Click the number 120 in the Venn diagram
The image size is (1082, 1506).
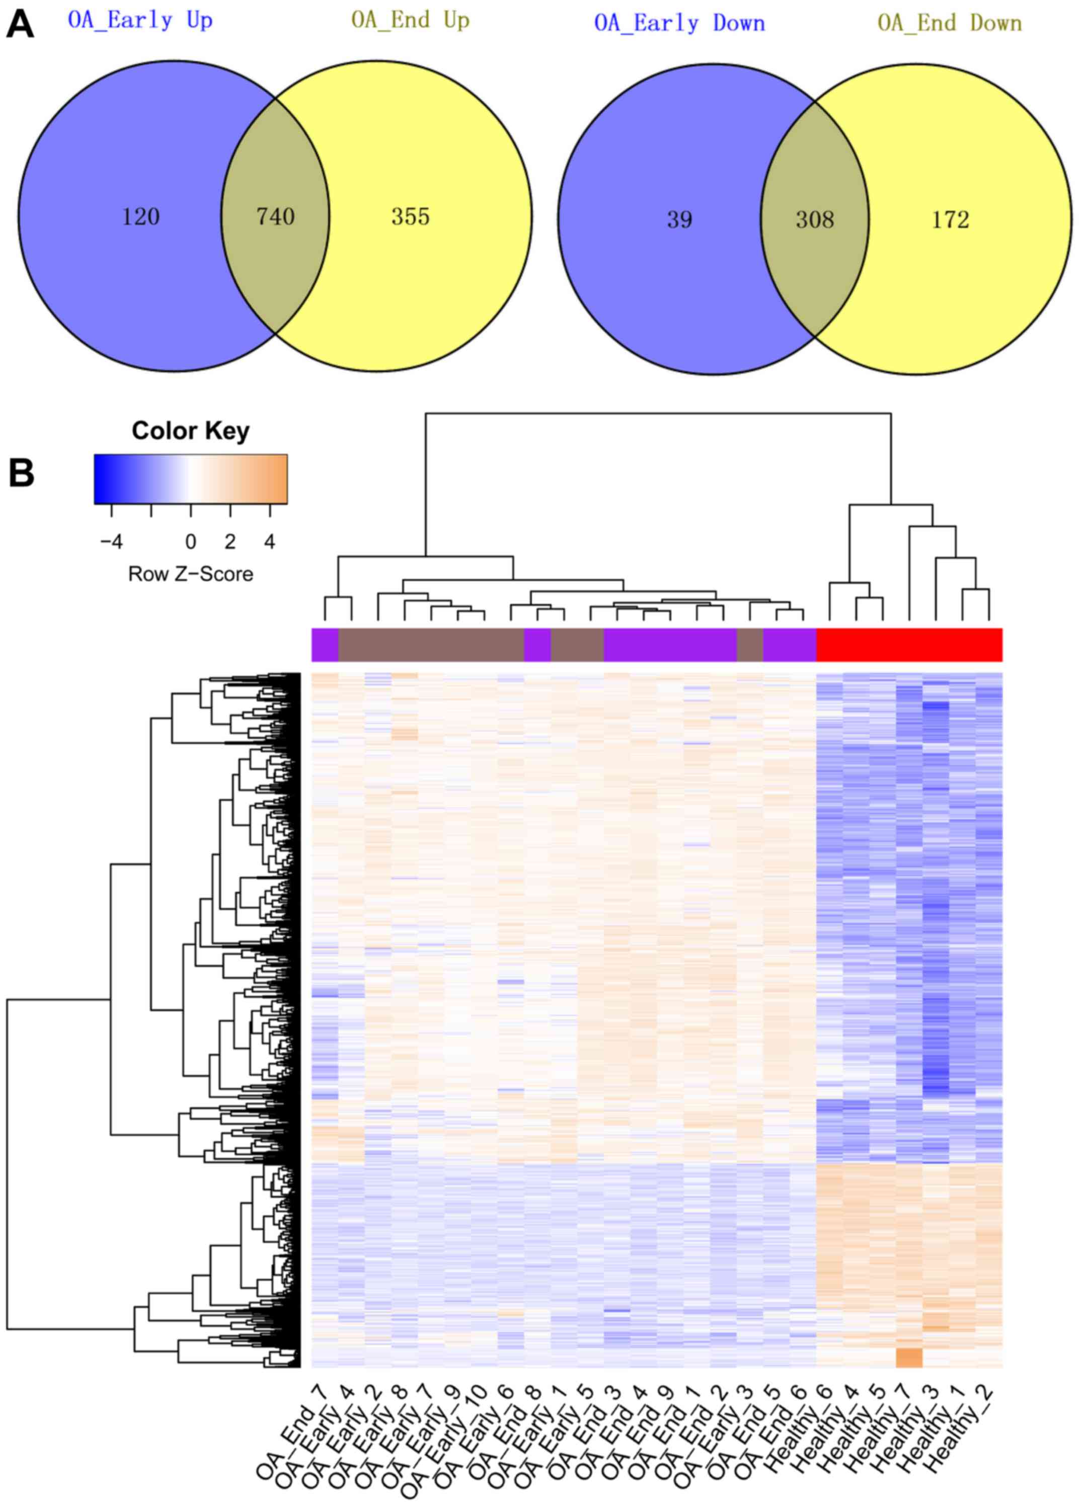point(141,216)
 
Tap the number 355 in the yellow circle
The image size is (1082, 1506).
point(411,216)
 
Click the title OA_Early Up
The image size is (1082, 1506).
point(140,21)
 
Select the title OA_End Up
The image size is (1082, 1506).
point(411,21)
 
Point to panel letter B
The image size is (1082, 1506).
point(21,473)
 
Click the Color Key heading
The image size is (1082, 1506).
point(191,431)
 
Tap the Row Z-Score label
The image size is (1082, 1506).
point(191,574)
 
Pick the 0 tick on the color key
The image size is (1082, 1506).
point(191,542)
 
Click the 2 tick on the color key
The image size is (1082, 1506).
point(230,542)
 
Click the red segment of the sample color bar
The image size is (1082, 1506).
point(909,645)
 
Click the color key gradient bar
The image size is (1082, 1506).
point(191,479)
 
